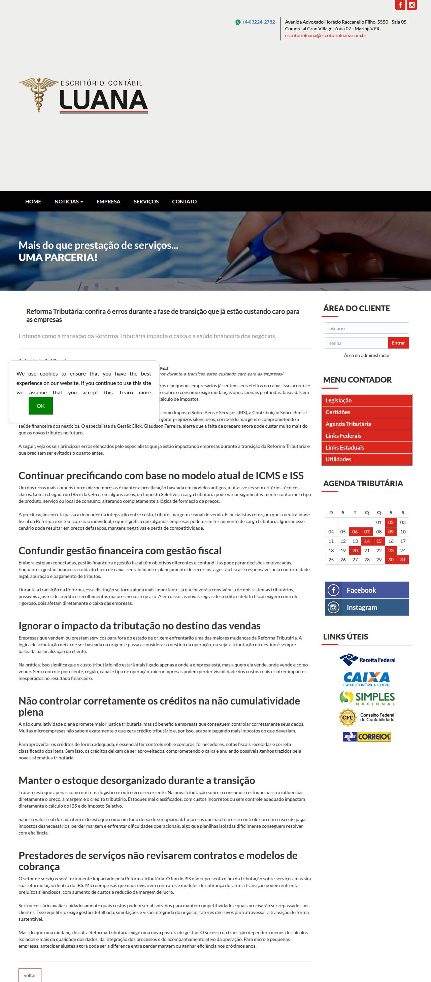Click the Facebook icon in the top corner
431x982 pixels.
click(x=400, y=5)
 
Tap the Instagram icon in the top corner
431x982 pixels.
click(x=411, y=5)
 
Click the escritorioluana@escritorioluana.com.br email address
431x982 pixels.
click(x=326, y=35)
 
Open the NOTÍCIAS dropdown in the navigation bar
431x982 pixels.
click(x=69, y=202)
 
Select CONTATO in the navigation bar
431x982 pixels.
click(x=184, y=202)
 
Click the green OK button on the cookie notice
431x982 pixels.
click(x=40, y=405)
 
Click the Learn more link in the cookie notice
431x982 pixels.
click(x=135, y=393)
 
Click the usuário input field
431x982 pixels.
click(x=367, y=328)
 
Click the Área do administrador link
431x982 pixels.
click(x=367, y=355)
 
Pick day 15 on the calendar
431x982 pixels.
click(x=379, y=541)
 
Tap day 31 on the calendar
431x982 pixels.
click(x=403, y=560)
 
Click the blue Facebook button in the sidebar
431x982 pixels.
click(x=367, y=590)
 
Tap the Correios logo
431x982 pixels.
click(x=367, y=736)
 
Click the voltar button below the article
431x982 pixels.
click(x=30, y=975)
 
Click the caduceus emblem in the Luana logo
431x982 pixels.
click(x=38, y=95)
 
